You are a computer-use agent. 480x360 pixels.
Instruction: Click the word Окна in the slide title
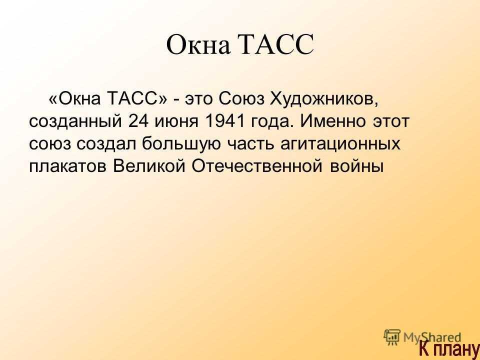198,44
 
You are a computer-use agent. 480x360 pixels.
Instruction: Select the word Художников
324,99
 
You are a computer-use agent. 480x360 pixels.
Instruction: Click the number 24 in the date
138,121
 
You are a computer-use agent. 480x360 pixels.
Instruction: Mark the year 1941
224,121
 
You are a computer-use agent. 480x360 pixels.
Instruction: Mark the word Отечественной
257,166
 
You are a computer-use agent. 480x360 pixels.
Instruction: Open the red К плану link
449,348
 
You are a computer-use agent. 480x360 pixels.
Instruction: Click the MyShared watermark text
432,338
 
